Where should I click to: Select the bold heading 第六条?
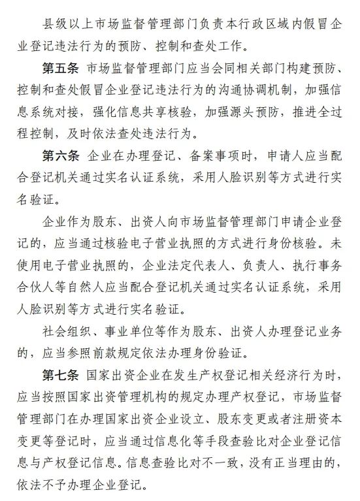coord(62,157)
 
